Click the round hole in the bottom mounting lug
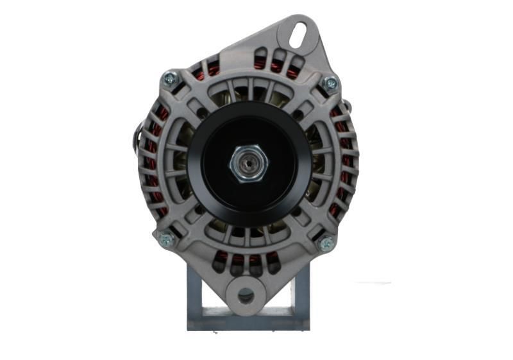246,296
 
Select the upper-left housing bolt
170,79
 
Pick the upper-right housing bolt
330,83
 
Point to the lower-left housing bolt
166,239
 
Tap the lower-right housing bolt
326,243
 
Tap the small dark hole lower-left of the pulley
201,209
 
